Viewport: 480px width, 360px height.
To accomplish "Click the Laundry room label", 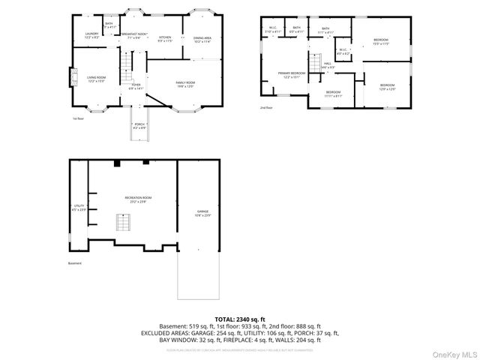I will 92,35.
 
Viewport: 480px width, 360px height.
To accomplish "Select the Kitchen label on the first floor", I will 165,39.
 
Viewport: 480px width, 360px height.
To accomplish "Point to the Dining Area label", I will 202,39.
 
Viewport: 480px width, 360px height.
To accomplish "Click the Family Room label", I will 185,84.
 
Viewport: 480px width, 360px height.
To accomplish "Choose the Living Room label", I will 96,79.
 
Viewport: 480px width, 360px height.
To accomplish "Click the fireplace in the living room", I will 73,77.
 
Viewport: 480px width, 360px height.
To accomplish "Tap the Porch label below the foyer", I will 139,126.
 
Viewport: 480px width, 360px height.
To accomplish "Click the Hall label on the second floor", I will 328,66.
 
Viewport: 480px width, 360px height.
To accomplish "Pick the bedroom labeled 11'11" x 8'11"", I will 333,94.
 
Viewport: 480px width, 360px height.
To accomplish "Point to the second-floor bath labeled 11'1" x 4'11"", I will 325,31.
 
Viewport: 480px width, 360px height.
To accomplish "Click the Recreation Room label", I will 135,199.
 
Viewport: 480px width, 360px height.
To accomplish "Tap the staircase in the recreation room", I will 122,223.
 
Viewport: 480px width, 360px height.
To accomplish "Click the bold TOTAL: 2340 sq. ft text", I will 240,319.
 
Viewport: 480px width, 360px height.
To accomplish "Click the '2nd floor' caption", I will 266,108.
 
